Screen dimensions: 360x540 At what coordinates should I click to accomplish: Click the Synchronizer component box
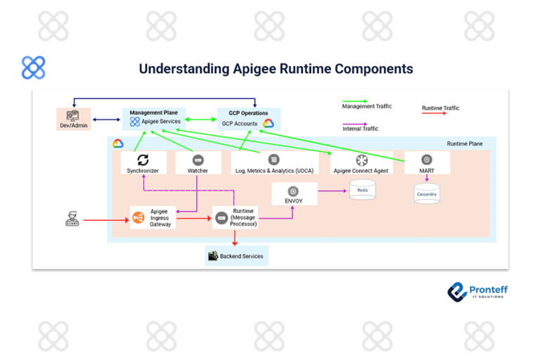point(143,163)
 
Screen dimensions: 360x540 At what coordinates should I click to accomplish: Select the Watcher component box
point(198,163)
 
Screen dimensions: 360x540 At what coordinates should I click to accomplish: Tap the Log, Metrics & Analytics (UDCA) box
point(274,163)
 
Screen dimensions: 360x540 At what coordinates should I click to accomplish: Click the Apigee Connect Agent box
point(361,163)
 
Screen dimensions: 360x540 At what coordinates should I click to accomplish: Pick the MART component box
point(427,163)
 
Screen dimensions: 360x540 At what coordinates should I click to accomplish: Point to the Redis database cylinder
point(362,189)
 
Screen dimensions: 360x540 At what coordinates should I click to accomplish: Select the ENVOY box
point(294,194)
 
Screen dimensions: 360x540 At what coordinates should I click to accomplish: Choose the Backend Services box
point(236,256)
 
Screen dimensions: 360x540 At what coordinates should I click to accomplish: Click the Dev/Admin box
point(74,119)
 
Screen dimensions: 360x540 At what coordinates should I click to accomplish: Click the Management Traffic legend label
point(366,106)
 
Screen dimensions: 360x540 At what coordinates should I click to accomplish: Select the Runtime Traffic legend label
point(440,108)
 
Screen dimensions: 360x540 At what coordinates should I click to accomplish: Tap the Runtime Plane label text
point(464,143)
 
